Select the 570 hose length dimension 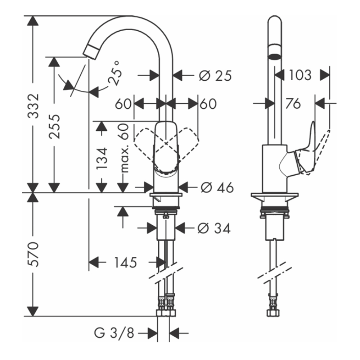click(33, 254)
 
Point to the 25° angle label click(114, 76)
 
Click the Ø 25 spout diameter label click(215, 76)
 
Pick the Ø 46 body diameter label click(217, 187)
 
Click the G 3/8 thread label click(114, 334)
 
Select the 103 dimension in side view click(300, 75)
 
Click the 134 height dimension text click(102, 158)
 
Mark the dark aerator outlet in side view click(275, 56)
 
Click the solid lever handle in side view click(306, 151)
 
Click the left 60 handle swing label click(123, 104)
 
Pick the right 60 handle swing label click(208, 104)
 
